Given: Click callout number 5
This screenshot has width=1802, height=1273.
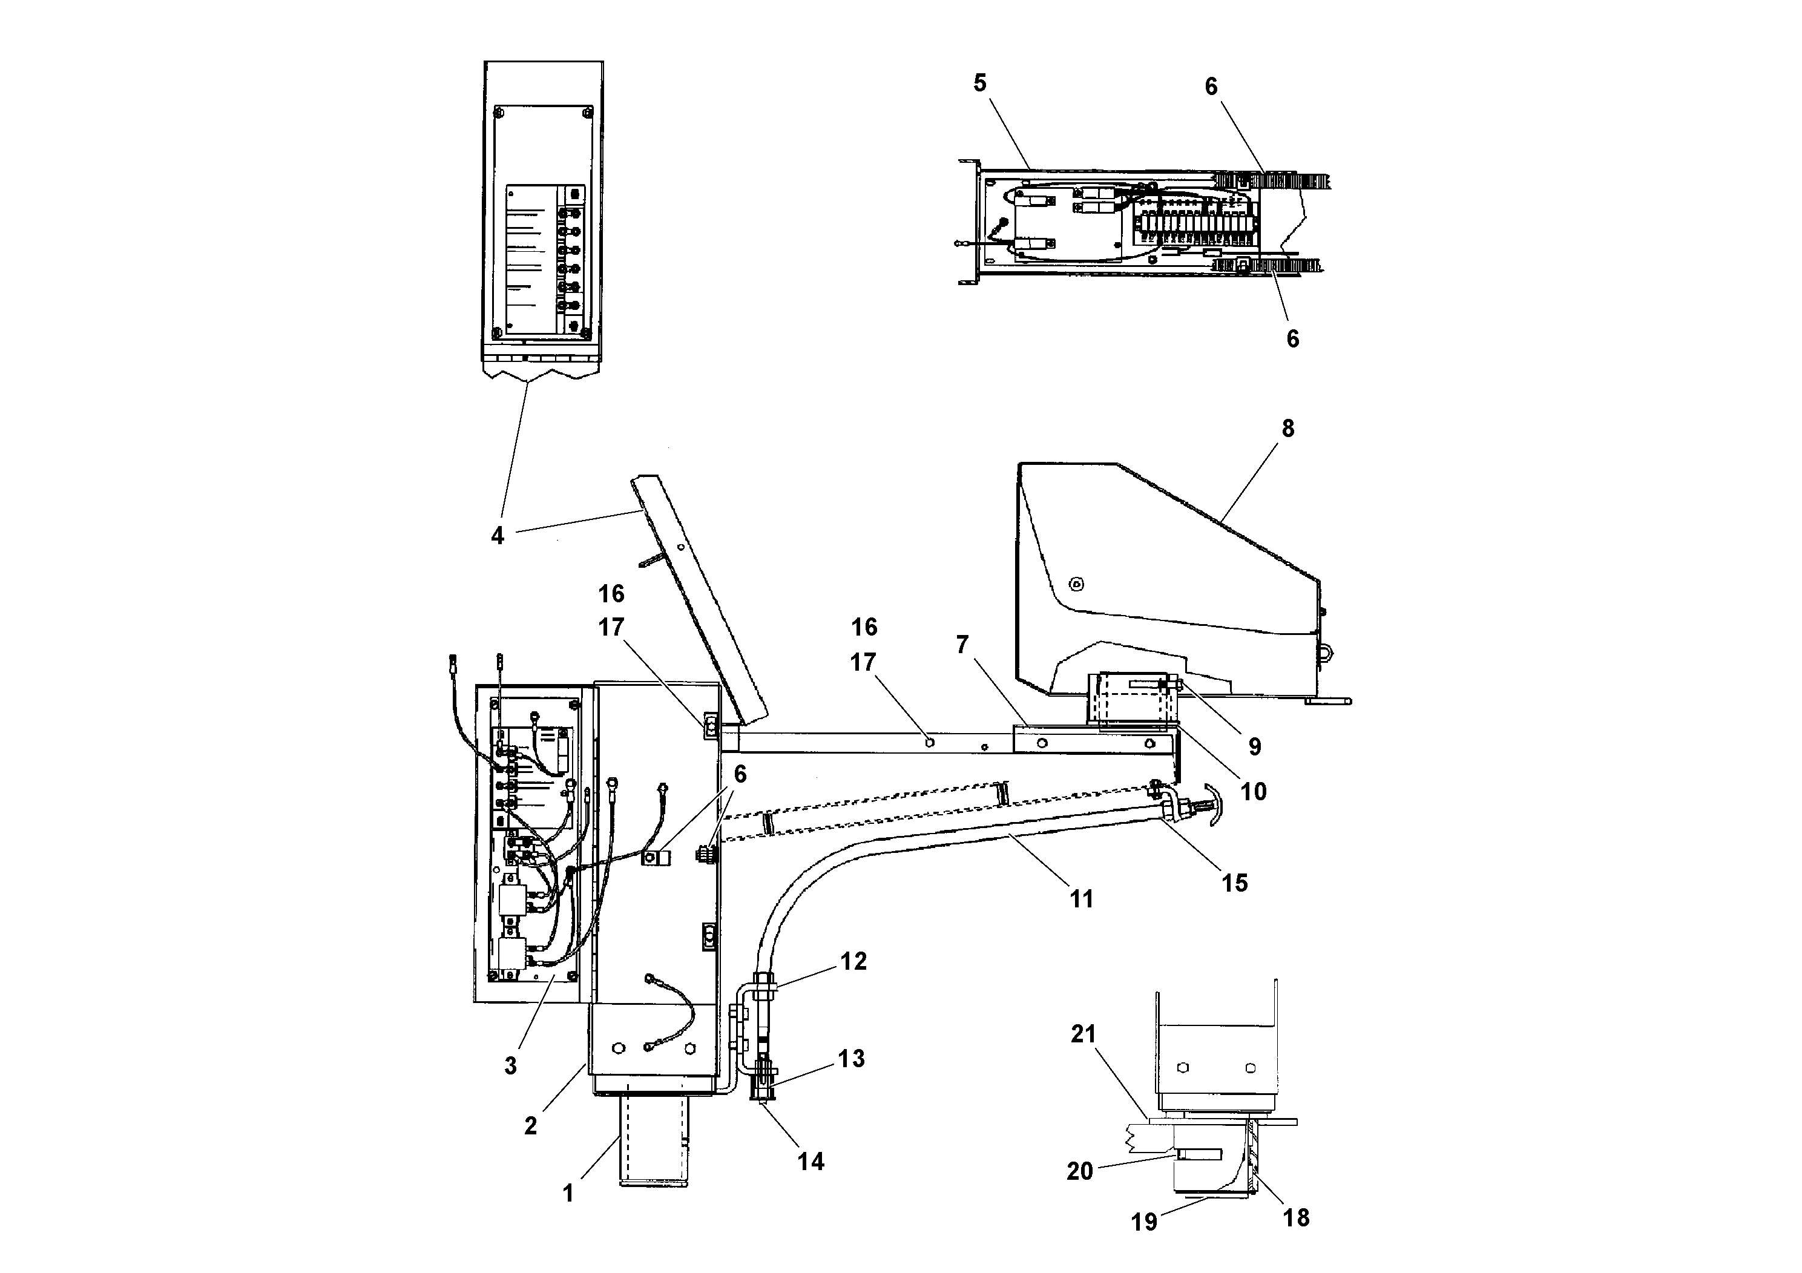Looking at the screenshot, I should (979, 83).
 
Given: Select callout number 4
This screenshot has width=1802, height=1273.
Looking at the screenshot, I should (497, 536).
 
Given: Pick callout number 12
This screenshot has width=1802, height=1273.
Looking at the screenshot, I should (853, 961).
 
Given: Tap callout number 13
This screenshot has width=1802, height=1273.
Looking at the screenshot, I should (851, 1059).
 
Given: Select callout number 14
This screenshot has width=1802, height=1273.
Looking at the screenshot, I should (811, 1162).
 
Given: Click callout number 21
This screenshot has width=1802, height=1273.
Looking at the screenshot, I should (1083, 1035).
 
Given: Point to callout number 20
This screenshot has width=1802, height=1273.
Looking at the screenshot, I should (1079, 1171).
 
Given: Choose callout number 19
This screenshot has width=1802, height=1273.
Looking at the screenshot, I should (1143, 1222).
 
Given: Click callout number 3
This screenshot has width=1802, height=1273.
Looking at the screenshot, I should (510, 1066).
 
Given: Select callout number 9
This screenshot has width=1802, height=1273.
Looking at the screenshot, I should (1254, 746).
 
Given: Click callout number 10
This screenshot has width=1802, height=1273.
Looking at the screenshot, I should (1254, 791).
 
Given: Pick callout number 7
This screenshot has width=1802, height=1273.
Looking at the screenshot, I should (963, 645).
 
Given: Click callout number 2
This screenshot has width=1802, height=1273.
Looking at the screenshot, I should (531, 1125).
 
